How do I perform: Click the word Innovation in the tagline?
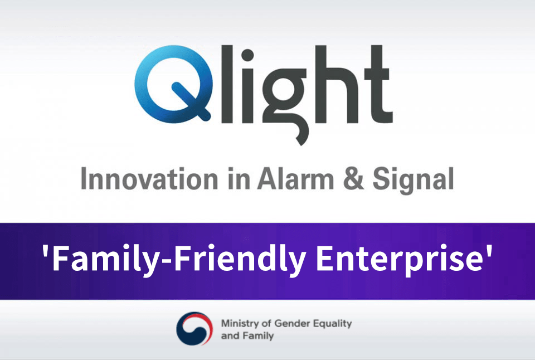149,179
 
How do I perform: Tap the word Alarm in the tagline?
295,179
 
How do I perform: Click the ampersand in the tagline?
353,179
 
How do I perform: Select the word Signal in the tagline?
413,180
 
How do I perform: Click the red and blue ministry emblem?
194,328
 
